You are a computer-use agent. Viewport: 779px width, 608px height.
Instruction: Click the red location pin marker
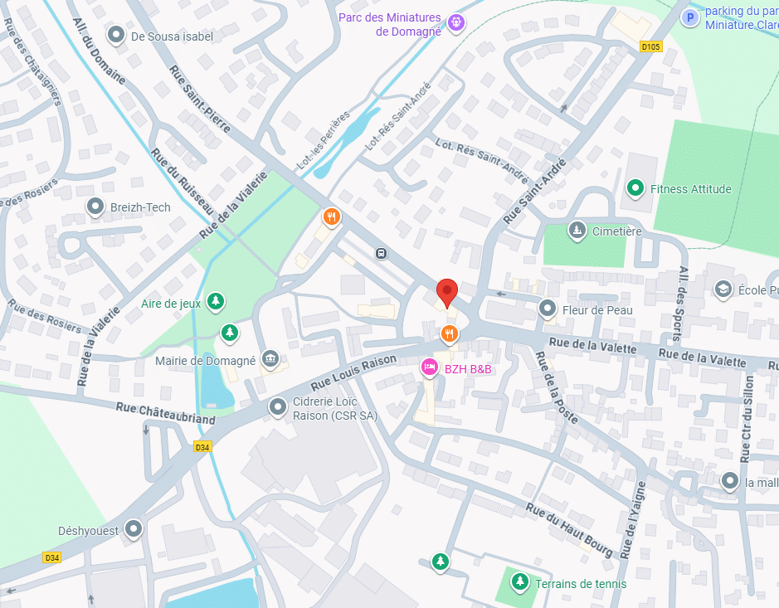point(447,292)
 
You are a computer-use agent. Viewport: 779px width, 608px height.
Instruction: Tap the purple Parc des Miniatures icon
point(455,22)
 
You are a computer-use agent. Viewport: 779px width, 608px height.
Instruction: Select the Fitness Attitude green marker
point(635,188)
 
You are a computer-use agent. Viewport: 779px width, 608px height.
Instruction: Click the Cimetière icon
point(577,230)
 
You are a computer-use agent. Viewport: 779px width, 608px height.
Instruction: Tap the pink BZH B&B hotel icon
point(429,367)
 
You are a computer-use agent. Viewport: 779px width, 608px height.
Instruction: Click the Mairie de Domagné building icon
point(270,359)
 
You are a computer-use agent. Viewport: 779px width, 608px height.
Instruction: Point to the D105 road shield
point(651,47)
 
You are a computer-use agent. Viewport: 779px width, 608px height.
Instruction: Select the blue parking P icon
point(689,17)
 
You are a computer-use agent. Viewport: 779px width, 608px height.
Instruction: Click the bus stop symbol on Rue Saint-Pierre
point(381,253)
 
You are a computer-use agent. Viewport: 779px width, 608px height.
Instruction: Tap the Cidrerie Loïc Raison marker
point(277,406)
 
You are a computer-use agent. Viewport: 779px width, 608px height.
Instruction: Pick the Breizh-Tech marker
point(95,207)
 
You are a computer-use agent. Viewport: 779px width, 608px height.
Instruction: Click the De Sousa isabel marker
point(116,36)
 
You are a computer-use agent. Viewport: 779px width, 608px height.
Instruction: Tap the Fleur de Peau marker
point(548,309)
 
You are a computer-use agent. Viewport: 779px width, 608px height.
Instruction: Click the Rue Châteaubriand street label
point(165,413)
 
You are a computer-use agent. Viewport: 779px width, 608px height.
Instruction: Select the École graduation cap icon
point(723,289)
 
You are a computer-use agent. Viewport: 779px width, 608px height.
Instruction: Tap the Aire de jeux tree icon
point(216,302)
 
